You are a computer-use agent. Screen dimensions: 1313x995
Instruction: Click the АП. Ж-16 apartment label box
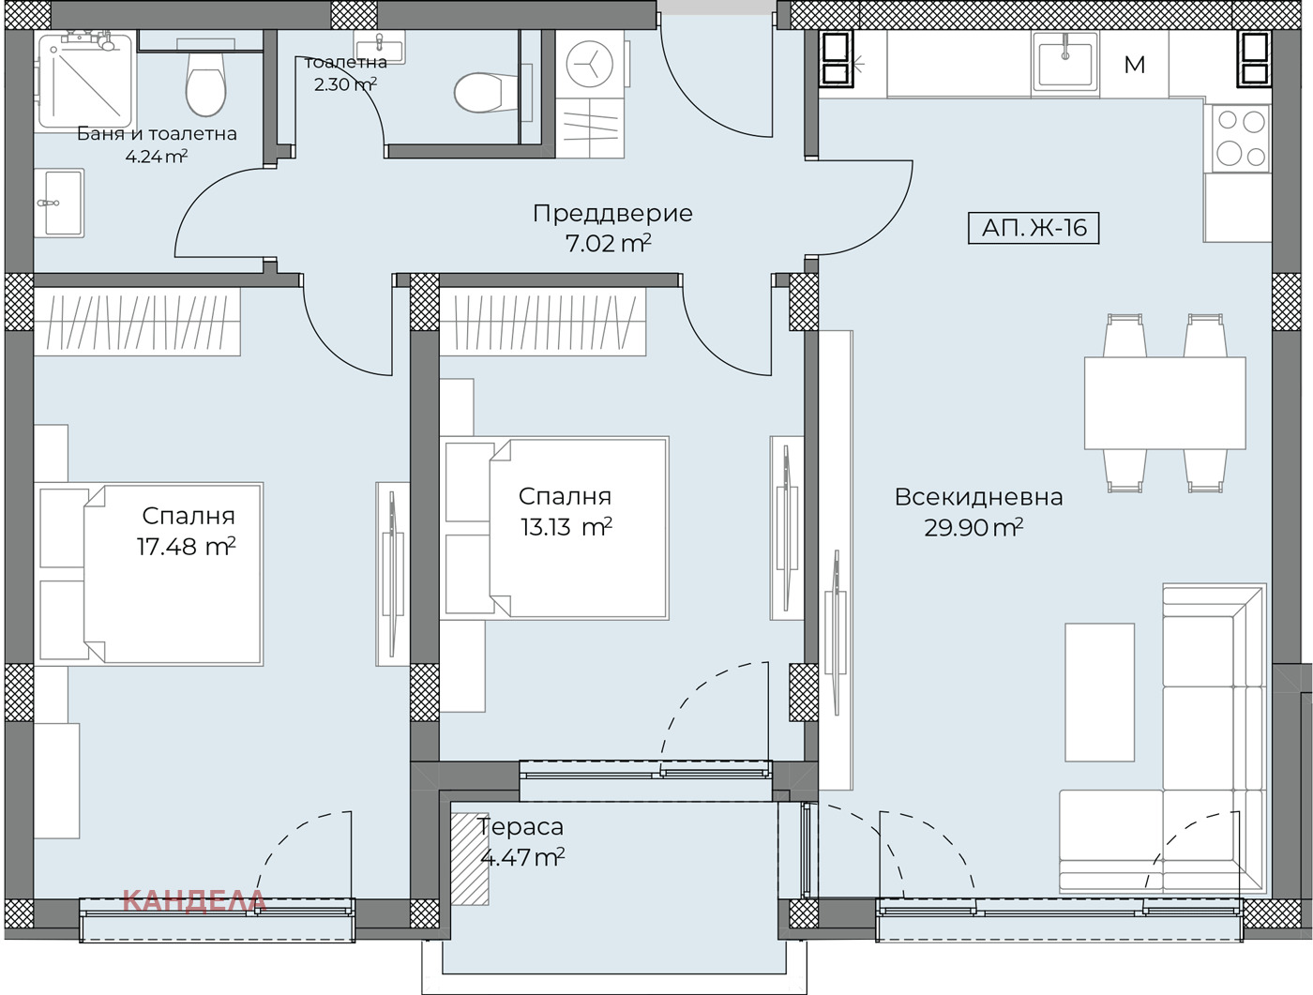pyautogui.click(x=1034, y=228)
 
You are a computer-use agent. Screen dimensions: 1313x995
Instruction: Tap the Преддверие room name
pyautogui.click(x=612, y=213)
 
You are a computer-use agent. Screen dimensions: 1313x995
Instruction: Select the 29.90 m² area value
pyautogui.click(x=973, y=527)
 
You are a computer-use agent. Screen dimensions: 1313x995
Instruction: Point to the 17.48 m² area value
pyautogui.click(x=186, y=547)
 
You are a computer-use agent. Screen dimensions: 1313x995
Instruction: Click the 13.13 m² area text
pyautogui.click(x=566, y=527)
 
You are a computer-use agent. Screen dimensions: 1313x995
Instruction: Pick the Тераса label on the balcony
pyautogui.click(x=520, y=827)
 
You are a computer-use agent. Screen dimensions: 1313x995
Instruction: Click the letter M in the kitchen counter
pyautogui.click(x=1134, y=64)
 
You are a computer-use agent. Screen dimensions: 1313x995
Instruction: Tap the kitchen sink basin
pyautogui.click(x=1064, y=62)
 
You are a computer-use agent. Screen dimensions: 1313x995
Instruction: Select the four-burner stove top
pyautogui.click(x=1241, y=139)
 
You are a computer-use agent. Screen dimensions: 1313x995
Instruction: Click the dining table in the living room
pyautogui.click(x=1165, y=403)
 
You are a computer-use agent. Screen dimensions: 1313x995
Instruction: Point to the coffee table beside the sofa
pyautogui.click(x=1099, y=692)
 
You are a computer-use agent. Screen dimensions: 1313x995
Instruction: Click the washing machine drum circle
pyautogui.click(x=590, y=64)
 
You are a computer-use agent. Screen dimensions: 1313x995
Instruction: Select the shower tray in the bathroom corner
pyautogui.click(x=84, y=82)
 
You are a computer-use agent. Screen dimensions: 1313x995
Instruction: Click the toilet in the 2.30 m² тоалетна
pyautogui.click(x=485, y=93)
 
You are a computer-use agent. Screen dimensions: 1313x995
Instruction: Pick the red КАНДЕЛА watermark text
pyautogui.click(x=194, y=902)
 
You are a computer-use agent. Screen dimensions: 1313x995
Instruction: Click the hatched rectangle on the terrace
pyautogui.click(x=470, y=858)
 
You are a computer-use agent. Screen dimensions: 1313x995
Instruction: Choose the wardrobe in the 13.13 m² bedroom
pyautogui.click(x=542, y=323)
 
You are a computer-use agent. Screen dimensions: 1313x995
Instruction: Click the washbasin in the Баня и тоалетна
pyautogui.click(x=59, y=203)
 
